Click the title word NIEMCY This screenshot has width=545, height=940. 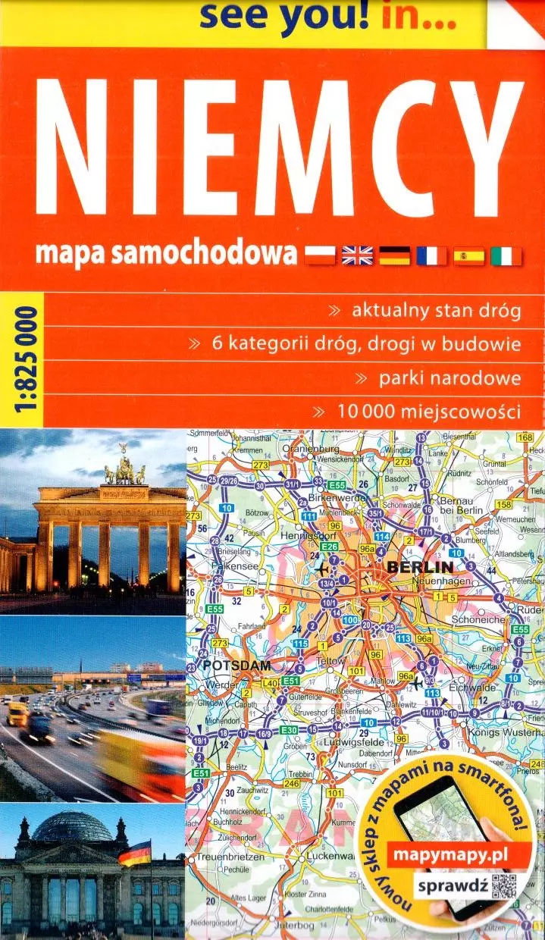(x=280, y=152)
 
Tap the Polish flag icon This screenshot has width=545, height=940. (x=320, y=255)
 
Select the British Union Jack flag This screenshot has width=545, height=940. (x=357, y=255)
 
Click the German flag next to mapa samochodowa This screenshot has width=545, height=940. (x=394, y=255)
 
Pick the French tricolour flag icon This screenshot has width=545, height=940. (x=432, y=255)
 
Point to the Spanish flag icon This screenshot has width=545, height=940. (x=469, y=255)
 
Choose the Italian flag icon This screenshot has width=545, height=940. (x=506, y=255)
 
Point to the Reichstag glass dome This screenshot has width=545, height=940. (x=72, y=827)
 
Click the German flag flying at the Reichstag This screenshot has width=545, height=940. (x=135, y=853)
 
